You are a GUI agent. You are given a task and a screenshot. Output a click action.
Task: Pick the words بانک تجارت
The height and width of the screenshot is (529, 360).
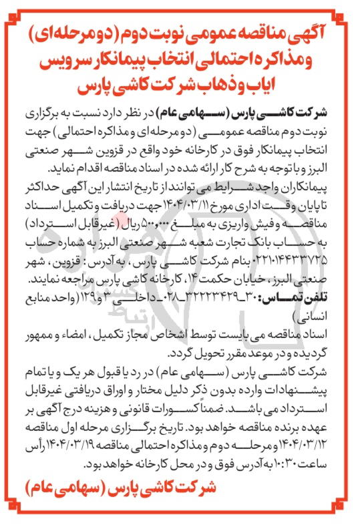236,236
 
